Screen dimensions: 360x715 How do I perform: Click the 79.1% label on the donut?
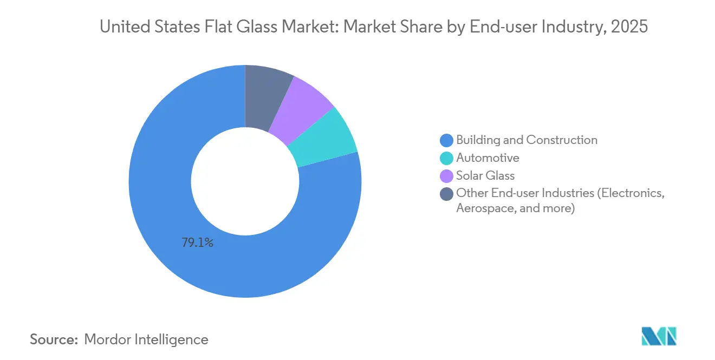pos(197,243)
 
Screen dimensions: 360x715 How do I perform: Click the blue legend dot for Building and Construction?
pos(447,141)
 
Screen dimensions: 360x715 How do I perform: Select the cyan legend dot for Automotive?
pos(447,159)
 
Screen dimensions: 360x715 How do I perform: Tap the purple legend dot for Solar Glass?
pos(447,176)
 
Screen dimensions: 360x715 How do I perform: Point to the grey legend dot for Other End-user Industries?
pos(447,194)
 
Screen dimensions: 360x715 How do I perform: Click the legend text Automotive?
pos(487,158)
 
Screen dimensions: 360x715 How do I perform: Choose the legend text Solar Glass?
pos(485,175)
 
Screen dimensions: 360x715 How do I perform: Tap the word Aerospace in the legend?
pos(484,208)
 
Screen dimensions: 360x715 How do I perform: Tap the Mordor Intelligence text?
pos(146,339)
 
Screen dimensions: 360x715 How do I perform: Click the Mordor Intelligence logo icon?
pos(659,337)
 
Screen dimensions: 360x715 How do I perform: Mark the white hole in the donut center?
pos(245,181)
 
